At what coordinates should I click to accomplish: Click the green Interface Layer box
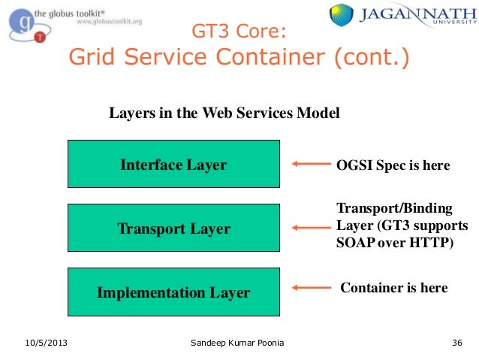click(x=173, y=164)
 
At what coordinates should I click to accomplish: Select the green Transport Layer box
click(x=173, y=228)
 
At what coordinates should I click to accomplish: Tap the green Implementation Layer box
click(x=173, y=292)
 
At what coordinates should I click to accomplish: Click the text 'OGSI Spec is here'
click(x=393, y=165)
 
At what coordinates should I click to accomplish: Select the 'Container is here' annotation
click(x=393, y=288)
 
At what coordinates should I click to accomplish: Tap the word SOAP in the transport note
click(x=353, y=243)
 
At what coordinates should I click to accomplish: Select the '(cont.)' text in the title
click(x=375, y=58)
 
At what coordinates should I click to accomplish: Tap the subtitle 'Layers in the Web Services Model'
click(x=224, y=113)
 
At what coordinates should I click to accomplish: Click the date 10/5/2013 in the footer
click(x=46, y=343)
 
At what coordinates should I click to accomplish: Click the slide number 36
click(x=456, y=343)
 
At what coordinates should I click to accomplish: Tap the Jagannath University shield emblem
click(x=342, y=16)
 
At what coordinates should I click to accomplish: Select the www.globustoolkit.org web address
click(x=110, y=22)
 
